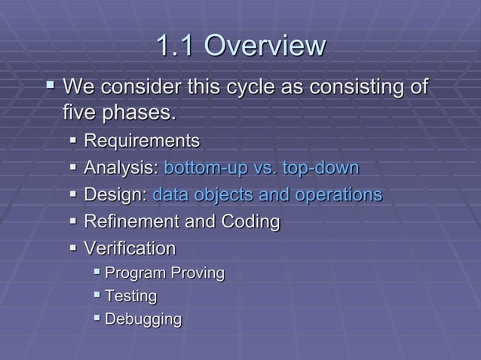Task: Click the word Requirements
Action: [x=142, y=141]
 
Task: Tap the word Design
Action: [x=115, y=195]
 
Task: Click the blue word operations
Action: [x=336, y=195]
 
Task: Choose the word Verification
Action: [x=130, y=249]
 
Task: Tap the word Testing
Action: [x=131, y=296]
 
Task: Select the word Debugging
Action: [x=143, y=319]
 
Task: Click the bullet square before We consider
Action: [x=51, y=87]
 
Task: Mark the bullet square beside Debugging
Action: [x=97, y=319]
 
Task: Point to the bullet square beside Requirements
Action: [x=73, y=141]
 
